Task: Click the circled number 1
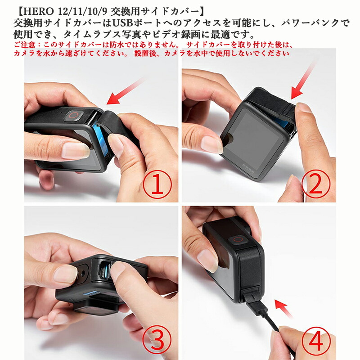(157, 184)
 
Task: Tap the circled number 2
(316, 184)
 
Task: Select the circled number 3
(157, 340)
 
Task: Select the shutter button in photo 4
(238, 240)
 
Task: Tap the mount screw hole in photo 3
(82, 273)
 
